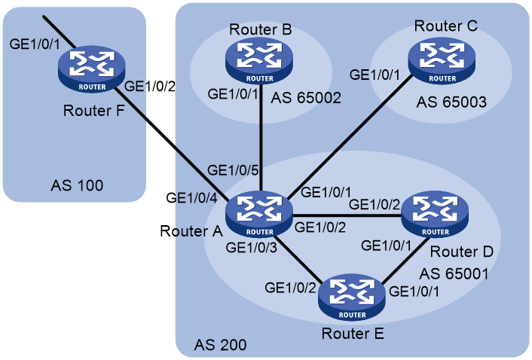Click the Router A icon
tap(259, 214)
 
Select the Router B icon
tap(259, 61)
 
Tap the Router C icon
tap(442, 61)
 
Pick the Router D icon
tap(435, 214)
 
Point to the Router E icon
tap(352, 297)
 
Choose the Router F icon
tap(92, 69)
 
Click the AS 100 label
tap(77, 185)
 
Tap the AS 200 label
tap(220, 345)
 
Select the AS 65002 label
tap(306, 98)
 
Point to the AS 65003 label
tap(451, 102)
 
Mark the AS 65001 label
tap(454, 274)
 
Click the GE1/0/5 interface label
tap(233, 170)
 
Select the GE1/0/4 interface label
tap(191, 198)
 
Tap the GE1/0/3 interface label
tap(252, 248)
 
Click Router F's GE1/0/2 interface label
tap(150, 87)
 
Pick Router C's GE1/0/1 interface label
tap(375, 75)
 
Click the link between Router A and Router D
tap(347, 215)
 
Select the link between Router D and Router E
tap(404, 261)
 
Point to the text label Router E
tap(353, 334)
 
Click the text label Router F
tap(93, 111)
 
